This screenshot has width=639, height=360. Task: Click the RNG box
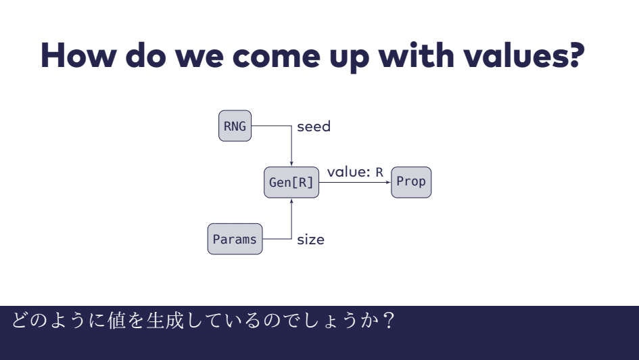[x=235, y=127]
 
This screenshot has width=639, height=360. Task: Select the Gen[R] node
[x=291, y=183]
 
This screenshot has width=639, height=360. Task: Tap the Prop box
[x=410, y=182]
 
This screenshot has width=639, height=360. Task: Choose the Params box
[x=235, y=240]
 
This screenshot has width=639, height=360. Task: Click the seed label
[x=314, y=127]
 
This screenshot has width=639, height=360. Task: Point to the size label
[x=310, y=240]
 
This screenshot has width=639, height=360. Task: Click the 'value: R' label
[x=355, y=173]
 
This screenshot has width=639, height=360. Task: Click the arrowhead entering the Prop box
[x=388, y=183]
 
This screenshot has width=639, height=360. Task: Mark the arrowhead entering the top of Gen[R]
[x=291, y=164]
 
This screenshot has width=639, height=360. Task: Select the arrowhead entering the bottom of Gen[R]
[x=291, y=201]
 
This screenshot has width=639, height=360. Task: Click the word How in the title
[x=80, y=58]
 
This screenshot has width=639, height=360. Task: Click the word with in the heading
[x=425, y=58]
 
